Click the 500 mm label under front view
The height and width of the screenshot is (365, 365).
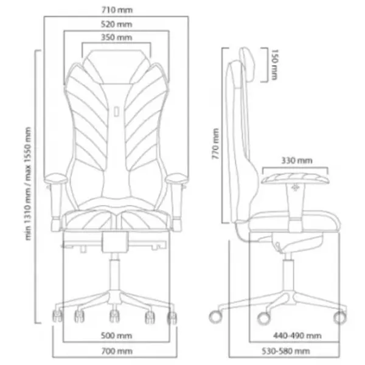click(x=114, y=335)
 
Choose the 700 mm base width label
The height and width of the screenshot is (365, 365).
click(x=116, y=352)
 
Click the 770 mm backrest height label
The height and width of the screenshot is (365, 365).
click(x=215, y=145)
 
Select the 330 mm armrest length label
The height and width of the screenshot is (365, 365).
click(x=296, y=161)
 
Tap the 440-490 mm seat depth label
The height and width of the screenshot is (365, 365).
click(x=296, y=335)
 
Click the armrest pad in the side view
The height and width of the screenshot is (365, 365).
click(x=295, y=177)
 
